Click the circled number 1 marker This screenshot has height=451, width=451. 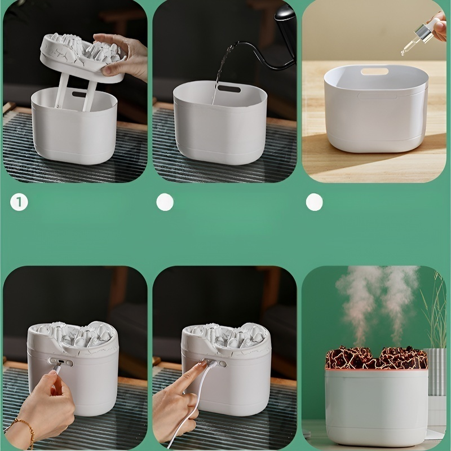coord(19,202)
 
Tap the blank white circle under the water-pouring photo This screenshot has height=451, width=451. coord(165,202)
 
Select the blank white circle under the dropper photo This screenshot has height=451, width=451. coord(315,202)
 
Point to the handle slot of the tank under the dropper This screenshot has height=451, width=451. coord(374,72)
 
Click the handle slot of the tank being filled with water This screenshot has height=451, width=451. coord(229,89)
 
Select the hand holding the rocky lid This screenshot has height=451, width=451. coord(123,56)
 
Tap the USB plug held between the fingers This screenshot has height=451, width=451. coord(58,368)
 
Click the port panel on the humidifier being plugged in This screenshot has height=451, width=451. coord(60,362)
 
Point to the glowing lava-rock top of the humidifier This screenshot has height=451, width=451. coord(377,357)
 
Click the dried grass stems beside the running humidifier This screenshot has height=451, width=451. coord(431,313)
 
